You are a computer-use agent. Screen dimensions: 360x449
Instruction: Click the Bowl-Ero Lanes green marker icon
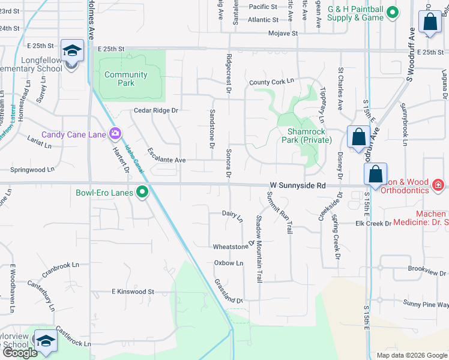tap(142, 193)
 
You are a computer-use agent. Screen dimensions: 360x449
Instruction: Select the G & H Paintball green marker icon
tap(392, 12)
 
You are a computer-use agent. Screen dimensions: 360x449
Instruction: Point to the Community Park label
tap(126, 79)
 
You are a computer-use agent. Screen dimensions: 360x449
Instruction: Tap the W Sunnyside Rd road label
tap(298, 186)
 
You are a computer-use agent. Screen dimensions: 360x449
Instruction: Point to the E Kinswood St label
tap(133, 292)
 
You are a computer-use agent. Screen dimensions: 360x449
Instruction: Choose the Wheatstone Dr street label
tap(231, 247)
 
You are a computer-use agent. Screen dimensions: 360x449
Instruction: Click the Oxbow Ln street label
tap(229, 263)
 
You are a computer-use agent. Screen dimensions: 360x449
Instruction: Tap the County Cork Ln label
tap(271, 81)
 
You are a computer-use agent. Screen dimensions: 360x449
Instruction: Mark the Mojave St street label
tap(283, 34)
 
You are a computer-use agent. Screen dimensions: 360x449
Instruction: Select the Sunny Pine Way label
tap(426, 304)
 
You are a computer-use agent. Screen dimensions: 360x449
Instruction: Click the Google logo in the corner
tap(20, 353)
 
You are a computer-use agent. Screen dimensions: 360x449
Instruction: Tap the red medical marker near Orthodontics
tap(439, 185)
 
